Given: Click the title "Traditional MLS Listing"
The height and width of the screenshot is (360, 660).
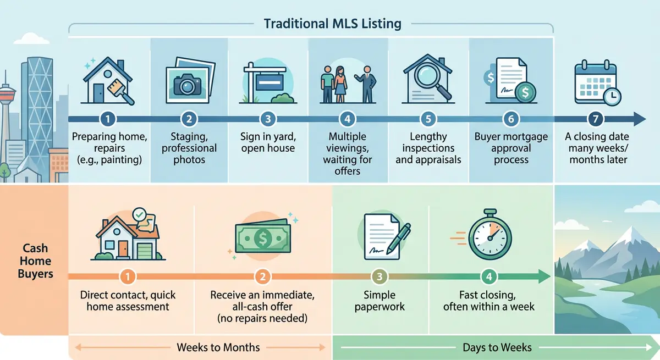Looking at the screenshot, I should (x=333, y=24).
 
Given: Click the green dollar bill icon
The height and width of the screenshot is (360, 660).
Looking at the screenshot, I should (x=262, y=237).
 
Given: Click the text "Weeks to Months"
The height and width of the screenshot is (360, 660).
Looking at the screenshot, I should (x=218, y=347).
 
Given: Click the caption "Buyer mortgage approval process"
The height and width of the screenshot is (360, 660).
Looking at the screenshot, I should (x=511, y=148).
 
